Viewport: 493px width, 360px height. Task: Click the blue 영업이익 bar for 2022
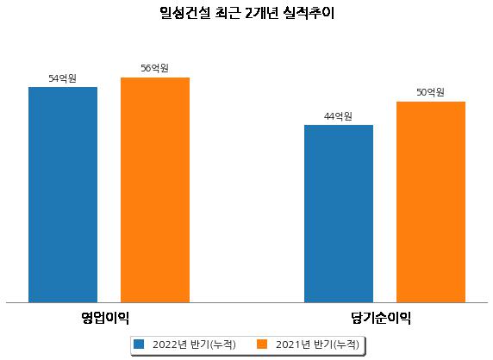point(63,195)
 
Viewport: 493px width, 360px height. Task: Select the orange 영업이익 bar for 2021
point(155,190)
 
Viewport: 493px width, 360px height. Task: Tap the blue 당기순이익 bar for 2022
point(339,214)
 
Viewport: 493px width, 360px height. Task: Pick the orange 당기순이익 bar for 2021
point(431,202)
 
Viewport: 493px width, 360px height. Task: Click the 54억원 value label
point(62,78)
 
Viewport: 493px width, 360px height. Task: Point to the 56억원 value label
point(154,68)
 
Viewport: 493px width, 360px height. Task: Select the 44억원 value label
point(338,116)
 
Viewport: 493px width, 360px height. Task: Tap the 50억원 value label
point(430,92)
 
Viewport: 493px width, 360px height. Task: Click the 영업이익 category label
point(105,318)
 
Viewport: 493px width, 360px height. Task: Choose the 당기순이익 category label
point(381,318)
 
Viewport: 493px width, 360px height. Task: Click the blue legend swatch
point(139,344)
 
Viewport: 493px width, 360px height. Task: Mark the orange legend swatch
point(262,344)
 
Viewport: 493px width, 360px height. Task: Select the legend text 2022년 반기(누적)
point(194,344)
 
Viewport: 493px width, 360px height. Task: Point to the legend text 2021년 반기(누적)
point(317,344)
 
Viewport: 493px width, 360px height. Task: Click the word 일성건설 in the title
point(185,13)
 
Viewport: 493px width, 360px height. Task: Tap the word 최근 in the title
point(228,13)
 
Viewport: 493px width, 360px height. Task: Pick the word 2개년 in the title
point(262,13)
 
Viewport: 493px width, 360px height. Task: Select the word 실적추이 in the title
point(309,13)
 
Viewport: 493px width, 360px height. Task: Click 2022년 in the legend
point(170,344)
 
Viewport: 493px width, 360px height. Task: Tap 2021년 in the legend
point(293,344)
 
